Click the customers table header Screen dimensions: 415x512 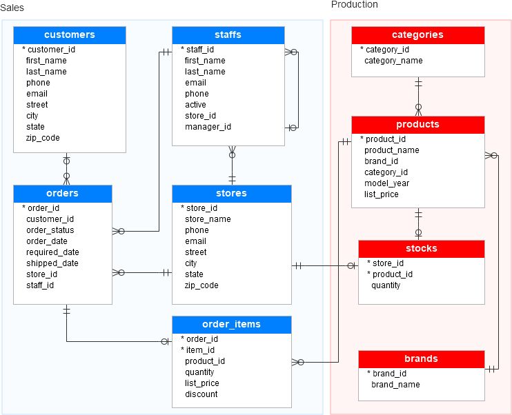click(x=70, y=35)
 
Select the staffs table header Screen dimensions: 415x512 click(x=228, y=35)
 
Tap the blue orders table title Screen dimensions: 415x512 click(x=62, y=194)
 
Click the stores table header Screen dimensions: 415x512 click(x=231, y=194)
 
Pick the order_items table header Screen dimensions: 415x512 click(x=231, y=325)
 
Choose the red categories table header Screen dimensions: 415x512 click(x=417, y=35)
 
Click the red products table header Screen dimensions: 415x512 click(x=417, y=125)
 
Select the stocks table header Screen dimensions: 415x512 click(x=421, y=249)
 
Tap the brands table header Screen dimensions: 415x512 click(x=421, y=359)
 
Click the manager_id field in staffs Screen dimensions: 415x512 click(x=208, y=127)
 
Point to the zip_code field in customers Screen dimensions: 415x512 click(x=43, y=138)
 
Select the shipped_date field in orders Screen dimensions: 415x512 click(x=52, y=263)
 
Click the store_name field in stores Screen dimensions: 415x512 click(x=208, y=219)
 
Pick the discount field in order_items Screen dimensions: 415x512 click(x=201, y=394)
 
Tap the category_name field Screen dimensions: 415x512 click(x=393, y=61)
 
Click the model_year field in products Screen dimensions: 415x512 click(x=386, y=183)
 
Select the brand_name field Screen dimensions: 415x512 click(x=395, y=385)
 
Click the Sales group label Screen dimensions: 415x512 click(x=12, y=7)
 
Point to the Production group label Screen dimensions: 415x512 click(x=355, y=5)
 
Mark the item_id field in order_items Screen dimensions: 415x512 click(x=200, y=350)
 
